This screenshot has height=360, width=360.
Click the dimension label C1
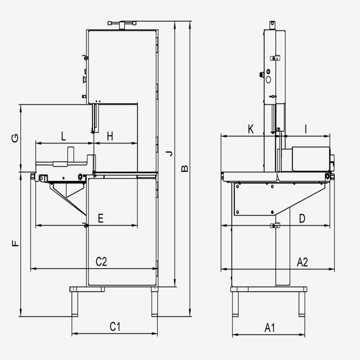(x=114, y=327)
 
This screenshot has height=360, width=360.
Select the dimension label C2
(x=101, y=262)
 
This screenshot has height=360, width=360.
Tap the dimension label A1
(x=270, y=328)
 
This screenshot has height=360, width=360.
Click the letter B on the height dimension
(x=184, y=168)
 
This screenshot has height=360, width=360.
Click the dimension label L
(x=63, y=136)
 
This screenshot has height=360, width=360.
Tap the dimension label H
(x=110, y=136)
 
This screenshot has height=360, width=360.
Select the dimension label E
(x=101, y=219)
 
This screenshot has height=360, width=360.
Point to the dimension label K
(x=251, y=129)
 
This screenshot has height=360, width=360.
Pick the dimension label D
(x=302, y=218)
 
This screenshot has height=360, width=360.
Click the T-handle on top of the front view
(x=122, y=23)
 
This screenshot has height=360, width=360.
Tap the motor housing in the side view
(x=310, y=159)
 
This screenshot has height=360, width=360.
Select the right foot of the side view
(x=302, y=304)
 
